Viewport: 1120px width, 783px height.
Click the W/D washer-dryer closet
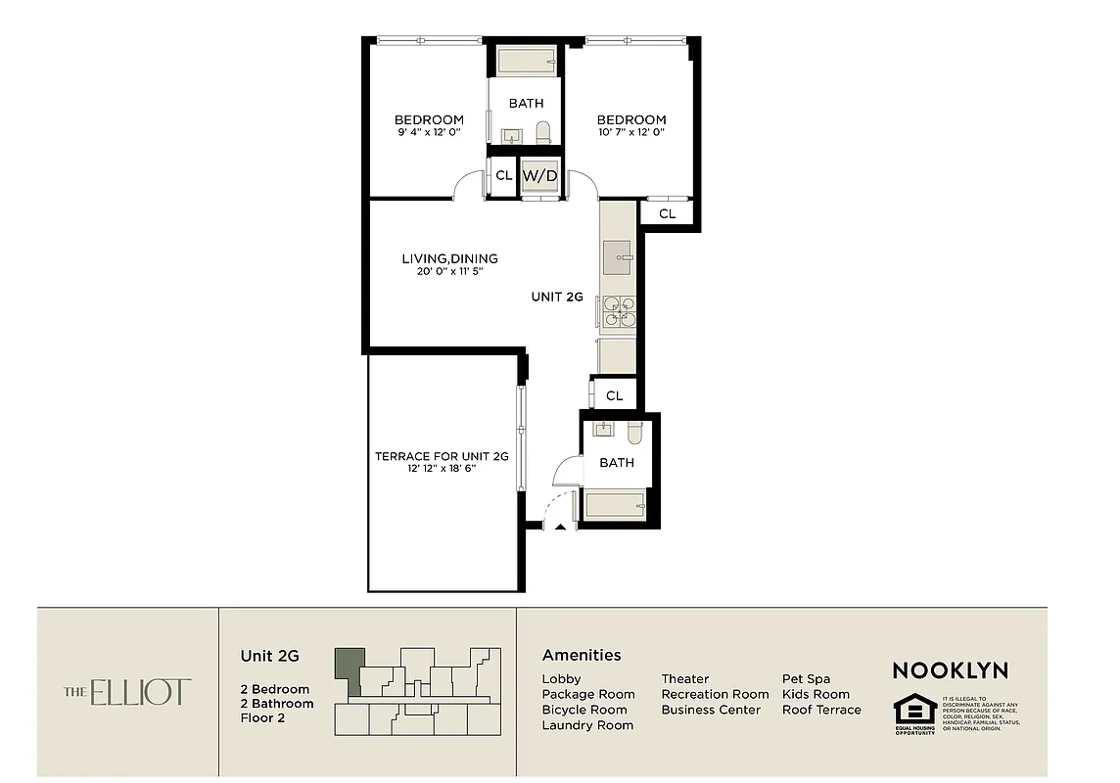tap(539, 176)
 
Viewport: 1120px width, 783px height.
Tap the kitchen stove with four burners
tap(619, 310)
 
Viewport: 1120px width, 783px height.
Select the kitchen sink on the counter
tap(618, 258)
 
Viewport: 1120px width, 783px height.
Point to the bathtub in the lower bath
tap(615, 505)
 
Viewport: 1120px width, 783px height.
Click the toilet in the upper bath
tap(544, 133)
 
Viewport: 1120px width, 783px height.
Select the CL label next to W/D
tap(504, 176)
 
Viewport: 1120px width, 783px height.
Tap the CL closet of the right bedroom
tap(667, 213)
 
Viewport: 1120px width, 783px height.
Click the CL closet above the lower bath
tap(615, 395)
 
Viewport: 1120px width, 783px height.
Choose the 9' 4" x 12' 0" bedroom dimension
tap(429, 133)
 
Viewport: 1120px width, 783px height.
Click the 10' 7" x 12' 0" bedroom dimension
tap(631, 133)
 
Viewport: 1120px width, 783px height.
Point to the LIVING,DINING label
tap(449, 258)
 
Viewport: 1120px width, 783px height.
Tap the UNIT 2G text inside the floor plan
tap(557, 297)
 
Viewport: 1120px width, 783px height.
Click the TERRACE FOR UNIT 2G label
tap(443, 456)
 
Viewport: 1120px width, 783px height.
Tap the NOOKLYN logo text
tap(950, 670)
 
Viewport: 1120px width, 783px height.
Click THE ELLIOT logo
tap(128, 692)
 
